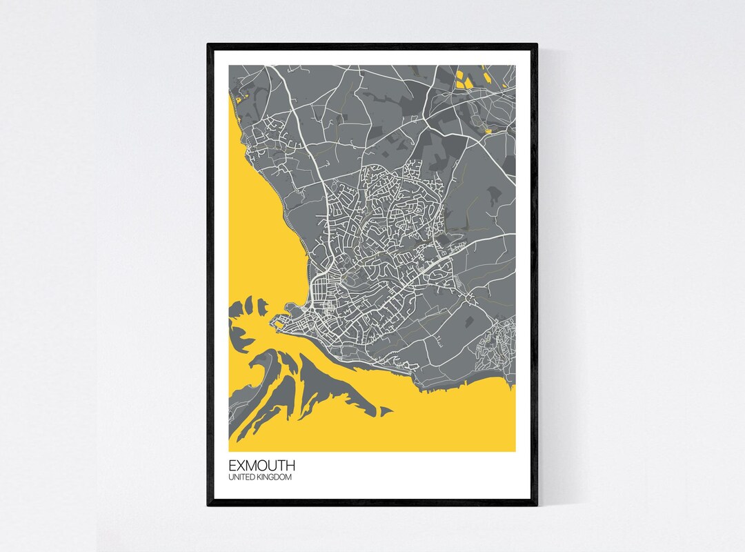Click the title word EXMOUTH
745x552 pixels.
pos(262,466)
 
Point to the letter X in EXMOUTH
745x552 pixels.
pos(241,466)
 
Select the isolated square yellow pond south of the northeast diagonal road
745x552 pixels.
pos(488,130)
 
